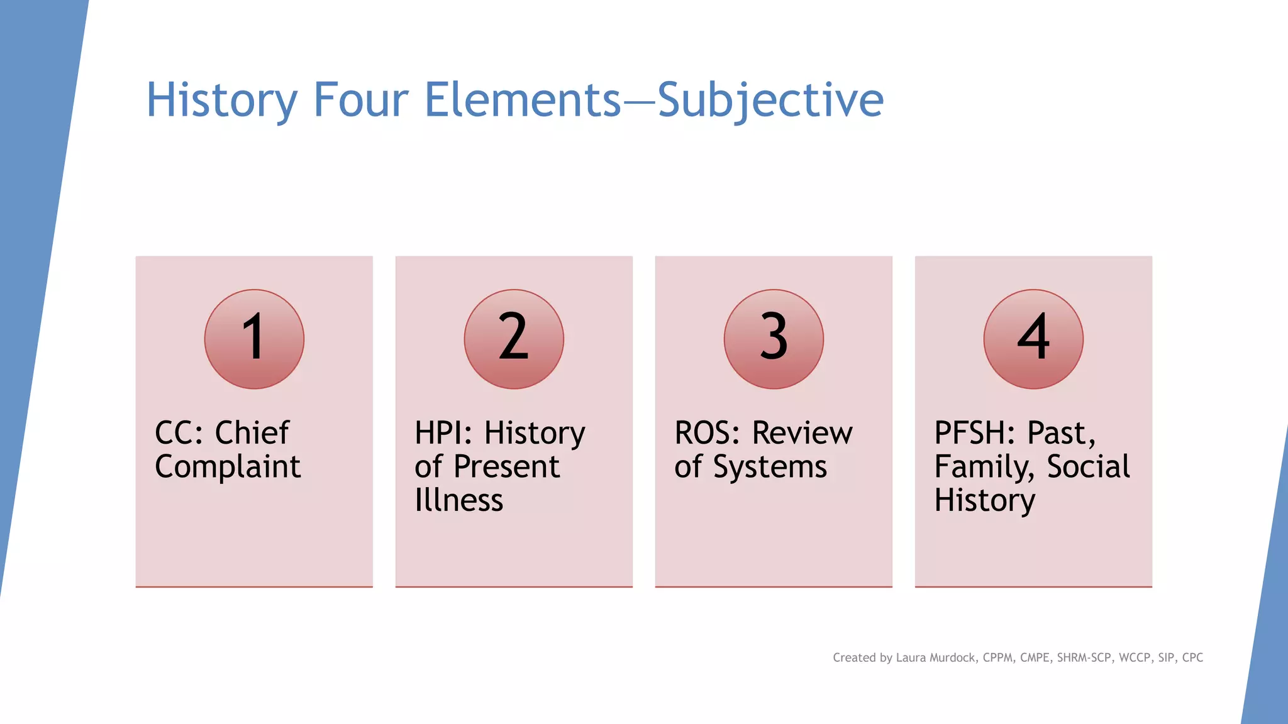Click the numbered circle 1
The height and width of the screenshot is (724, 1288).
[254, 339]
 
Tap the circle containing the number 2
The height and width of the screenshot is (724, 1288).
[514, 339]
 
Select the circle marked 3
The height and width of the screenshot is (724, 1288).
[774, 339]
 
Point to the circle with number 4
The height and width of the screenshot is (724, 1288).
[1033, 339]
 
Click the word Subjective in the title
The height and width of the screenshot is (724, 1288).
[770, 101]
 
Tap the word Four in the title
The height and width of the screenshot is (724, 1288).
[361, 101]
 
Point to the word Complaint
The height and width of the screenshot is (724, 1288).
[228, 467]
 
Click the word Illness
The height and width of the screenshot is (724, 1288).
[459, 500]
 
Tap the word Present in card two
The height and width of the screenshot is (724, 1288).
[506, 467]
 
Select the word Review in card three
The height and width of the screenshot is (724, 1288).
[802, 433]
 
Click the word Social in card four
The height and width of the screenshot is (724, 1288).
[1088, 467]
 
